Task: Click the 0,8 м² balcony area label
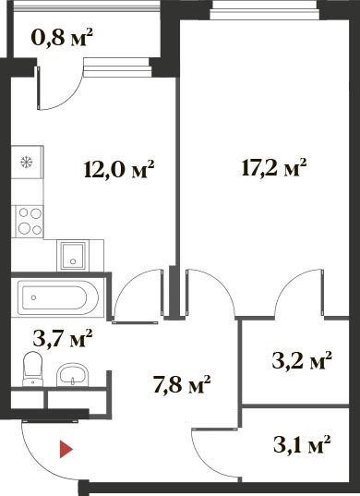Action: tap(62, 37)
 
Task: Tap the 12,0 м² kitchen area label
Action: tap(119, 169)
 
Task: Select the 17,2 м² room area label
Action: tap(274, 167)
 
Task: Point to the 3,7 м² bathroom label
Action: tap(63, 338)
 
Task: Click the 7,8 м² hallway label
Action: tap(182, 384)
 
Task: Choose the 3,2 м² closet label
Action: tap(302, 360)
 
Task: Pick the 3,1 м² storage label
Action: tap(302, 443)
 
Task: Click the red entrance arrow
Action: tap(66, 450)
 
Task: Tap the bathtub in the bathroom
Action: tap(58, 297)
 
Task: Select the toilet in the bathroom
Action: tap(32, 369)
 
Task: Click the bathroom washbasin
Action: tap(72, 375)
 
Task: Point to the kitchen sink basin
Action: tap(73, 256)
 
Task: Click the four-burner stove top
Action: tap(30, 221)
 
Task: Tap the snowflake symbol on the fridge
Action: tap(26, 163)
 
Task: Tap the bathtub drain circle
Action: tap(33, 297)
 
